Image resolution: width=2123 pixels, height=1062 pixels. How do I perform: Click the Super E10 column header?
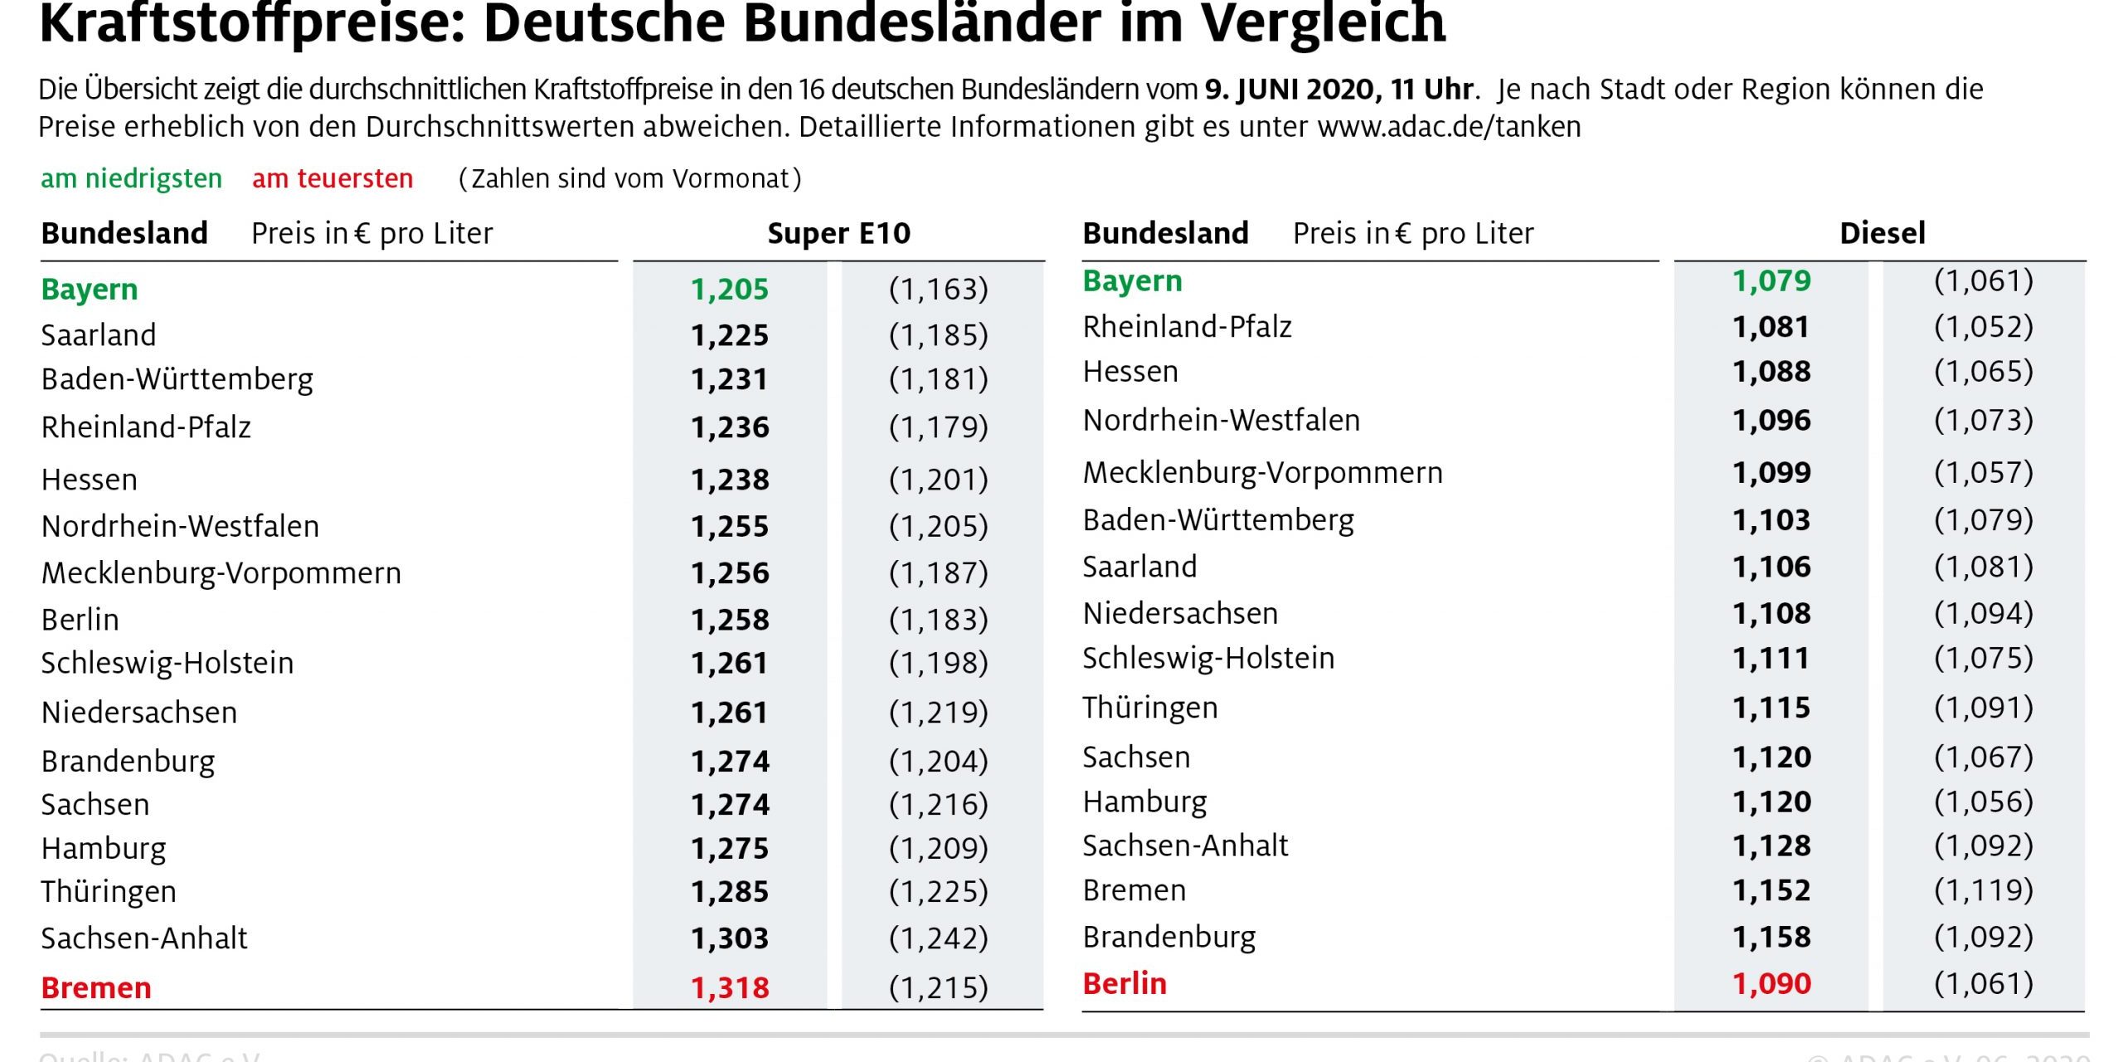point(838,234)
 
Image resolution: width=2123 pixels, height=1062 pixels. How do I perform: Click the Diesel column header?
point(1882,234)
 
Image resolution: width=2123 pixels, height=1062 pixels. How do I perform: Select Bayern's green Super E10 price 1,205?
point(730,290)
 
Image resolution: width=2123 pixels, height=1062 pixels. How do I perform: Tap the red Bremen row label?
point(96,988)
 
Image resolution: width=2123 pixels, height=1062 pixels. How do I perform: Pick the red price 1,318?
point(730,988)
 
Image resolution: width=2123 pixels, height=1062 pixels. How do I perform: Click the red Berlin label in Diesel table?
point(1124,984)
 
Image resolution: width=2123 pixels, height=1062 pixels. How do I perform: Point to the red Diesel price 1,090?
point(1771,984)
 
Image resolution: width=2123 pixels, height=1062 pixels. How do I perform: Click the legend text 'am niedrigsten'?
point(131,179)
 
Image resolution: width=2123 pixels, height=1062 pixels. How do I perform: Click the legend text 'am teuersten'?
point(333,179)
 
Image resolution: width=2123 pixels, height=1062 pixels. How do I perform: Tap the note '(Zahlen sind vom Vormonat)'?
point(630,179)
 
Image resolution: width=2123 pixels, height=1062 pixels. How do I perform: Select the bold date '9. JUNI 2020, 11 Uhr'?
point(1338,90)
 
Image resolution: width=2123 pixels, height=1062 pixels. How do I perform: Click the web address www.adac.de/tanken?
point(1448,127)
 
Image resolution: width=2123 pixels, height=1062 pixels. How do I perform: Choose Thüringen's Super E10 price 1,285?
point(730,892)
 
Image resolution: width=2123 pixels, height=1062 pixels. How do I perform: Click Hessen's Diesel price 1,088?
point(1771,372)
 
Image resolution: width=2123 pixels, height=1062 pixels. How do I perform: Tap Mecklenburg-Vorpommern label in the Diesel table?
point(1262,473)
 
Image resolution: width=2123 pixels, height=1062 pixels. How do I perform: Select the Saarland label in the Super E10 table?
point(99,335)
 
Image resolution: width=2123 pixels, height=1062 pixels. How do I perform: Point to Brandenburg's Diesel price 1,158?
point(1771,938)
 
